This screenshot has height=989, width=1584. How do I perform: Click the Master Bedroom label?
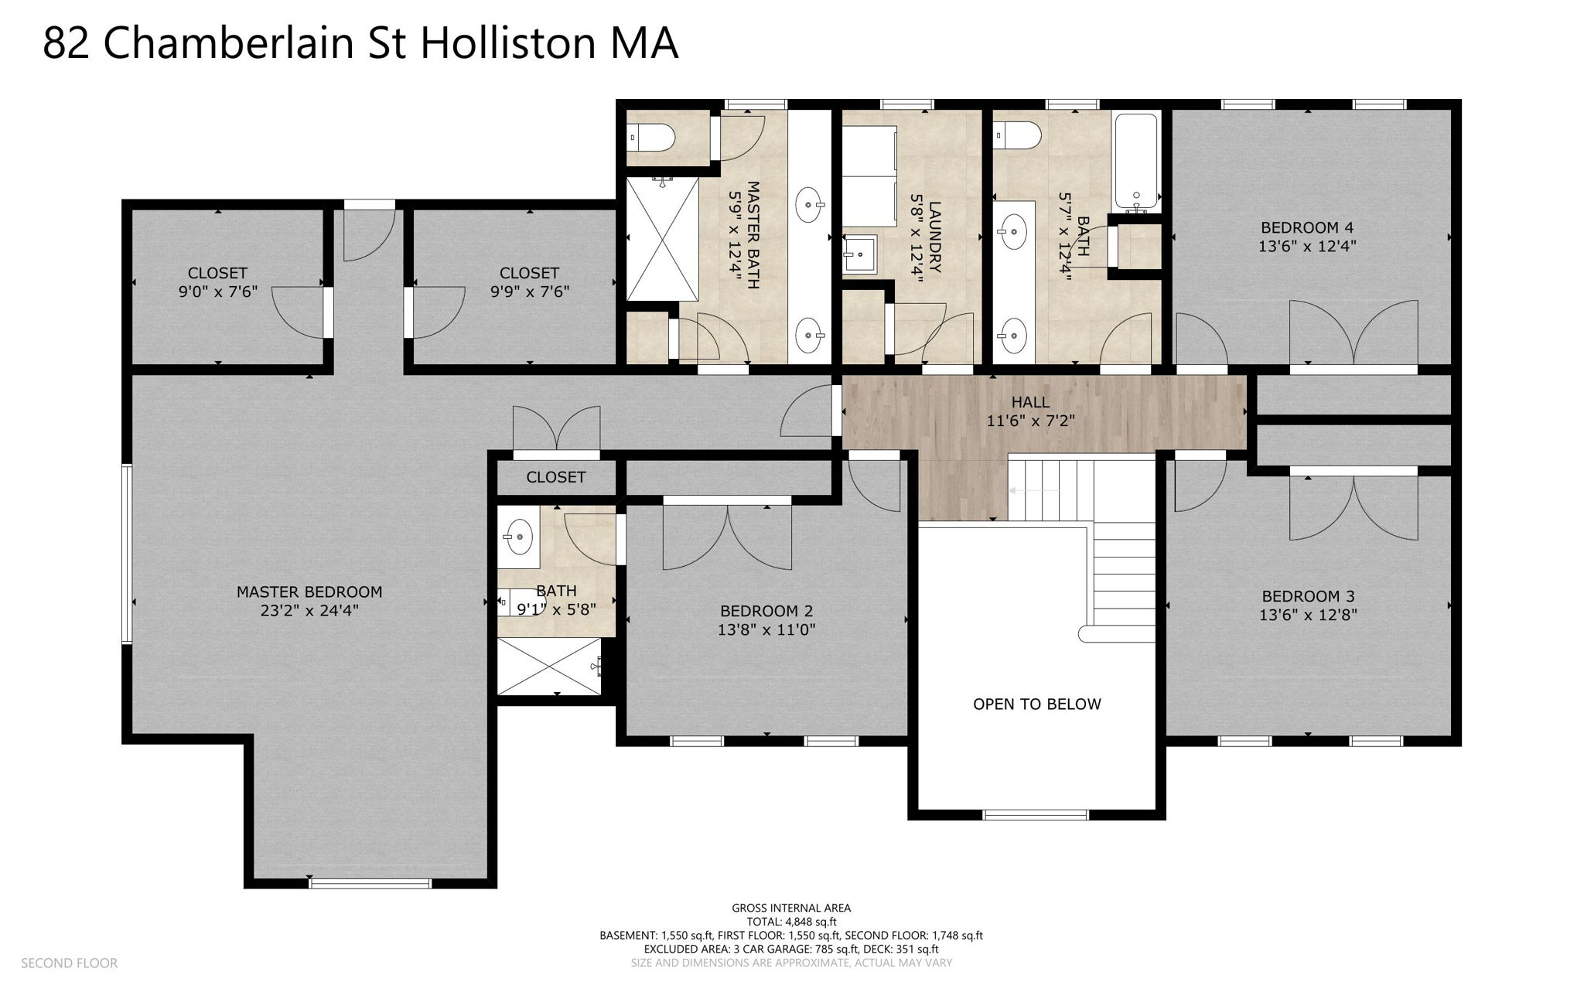[309, 592]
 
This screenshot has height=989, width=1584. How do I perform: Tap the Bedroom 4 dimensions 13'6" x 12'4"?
[1307, 247]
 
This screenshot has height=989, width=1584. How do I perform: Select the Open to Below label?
[1036, 704]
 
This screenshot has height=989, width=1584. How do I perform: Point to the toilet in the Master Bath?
[653, 138]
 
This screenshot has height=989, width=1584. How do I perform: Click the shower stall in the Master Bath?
[662, 239]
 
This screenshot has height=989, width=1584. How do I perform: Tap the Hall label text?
[1030, 402]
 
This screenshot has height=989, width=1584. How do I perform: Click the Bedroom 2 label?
[766, 611]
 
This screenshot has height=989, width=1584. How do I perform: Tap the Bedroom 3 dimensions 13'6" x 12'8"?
[1308, 616]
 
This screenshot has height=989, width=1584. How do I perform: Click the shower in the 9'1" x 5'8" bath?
[549, 666]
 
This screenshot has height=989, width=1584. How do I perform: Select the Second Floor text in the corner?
[69, 963]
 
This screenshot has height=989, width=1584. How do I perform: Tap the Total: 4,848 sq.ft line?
[791, 922]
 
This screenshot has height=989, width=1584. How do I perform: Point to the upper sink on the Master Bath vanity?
[809, 205]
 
